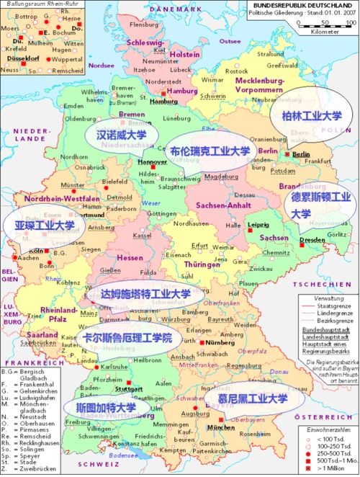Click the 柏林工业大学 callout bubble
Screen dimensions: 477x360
coord(311,116)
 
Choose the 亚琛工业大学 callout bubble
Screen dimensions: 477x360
coord(45,226)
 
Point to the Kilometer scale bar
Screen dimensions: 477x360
coord(325,26)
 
